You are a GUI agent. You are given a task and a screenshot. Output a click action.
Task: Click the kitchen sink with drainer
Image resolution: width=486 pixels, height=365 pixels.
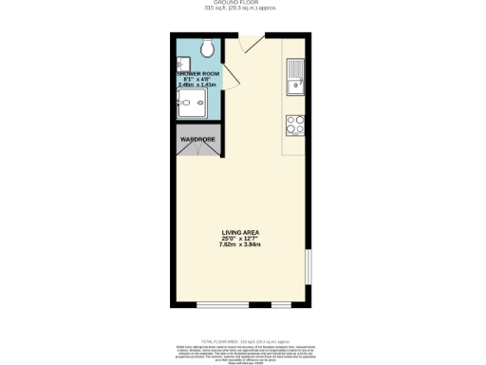294,77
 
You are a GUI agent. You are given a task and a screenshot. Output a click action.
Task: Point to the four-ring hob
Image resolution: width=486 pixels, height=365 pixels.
294,124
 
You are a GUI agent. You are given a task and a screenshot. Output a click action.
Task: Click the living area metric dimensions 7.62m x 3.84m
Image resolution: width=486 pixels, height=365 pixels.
240,244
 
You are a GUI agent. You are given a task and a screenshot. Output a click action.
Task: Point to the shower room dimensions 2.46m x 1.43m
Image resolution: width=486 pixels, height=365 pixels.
197,86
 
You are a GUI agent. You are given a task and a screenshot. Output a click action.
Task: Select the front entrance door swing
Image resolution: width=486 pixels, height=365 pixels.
250,44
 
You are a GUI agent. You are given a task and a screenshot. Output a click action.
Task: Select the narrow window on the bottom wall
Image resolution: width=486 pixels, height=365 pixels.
282,305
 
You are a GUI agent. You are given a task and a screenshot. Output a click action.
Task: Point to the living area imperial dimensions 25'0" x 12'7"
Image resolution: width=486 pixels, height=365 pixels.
240,238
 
